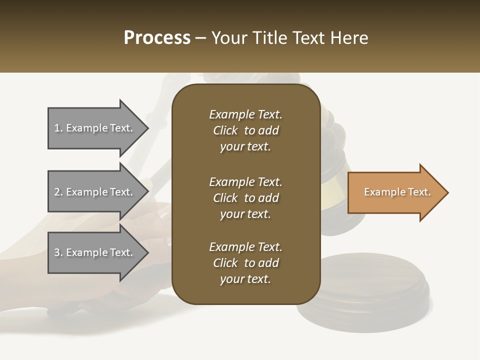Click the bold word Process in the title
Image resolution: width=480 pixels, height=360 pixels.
point(157,38)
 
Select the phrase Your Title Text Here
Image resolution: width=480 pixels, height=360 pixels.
point(289,38)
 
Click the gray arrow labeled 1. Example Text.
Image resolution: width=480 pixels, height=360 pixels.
point(95,128)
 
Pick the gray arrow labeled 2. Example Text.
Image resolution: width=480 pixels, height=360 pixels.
point(95,192)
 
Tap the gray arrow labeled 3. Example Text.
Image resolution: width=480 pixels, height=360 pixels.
point(95,252)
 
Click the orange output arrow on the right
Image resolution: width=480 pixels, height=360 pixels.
point(395,192)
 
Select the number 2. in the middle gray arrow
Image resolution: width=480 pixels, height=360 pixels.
point(58,192)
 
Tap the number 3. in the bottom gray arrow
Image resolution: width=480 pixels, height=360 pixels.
point(58,252)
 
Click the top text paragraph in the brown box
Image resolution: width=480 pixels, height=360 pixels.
point(245,130)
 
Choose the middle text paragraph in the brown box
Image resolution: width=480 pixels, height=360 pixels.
point(245,198)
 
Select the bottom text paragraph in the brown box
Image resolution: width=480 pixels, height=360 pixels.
point(245,263)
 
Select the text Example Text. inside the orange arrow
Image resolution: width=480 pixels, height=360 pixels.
point(397,192)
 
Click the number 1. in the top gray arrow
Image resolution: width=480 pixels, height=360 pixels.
point(58,128)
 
